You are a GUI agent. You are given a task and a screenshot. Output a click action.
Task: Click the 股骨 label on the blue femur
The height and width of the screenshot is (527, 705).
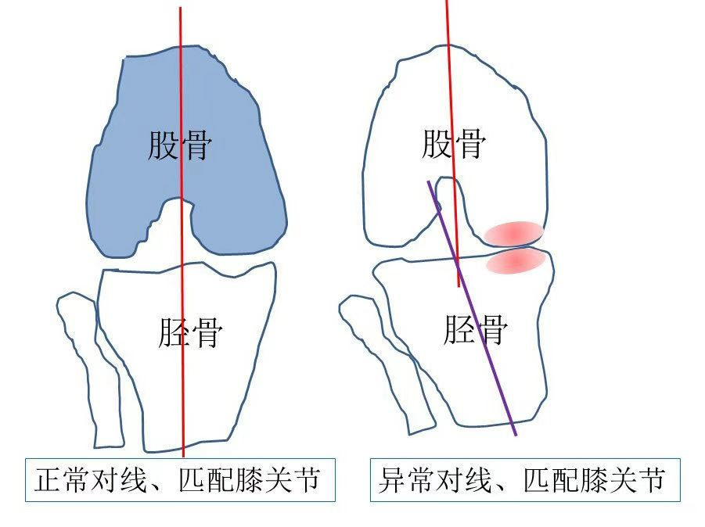180,145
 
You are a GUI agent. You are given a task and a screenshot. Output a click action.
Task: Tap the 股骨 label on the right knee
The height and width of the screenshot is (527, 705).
454,144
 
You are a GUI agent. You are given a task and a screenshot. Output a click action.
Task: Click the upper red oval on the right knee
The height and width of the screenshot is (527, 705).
513,233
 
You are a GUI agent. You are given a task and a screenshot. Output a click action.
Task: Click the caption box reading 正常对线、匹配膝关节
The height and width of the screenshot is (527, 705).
180,479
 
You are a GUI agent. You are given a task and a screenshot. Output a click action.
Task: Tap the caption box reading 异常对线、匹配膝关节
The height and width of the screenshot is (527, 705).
524,479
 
